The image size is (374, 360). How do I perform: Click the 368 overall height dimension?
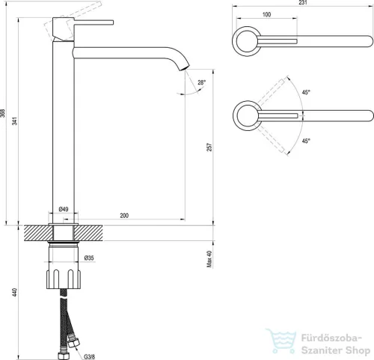coord(2,113)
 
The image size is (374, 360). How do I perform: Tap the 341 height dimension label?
coord(15,120)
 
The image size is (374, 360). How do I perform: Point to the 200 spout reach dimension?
coord(124,216)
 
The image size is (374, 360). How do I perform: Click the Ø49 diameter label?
coord(64,209)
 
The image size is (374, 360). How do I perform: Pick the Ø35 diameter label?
coord(89,258)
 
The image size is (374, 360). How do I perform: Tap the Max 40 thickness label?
coord(209,259)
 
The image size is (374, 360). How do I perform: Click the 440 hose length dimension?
coord(15,292)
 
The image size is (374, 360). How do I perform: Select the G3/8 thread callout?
coord(89,357)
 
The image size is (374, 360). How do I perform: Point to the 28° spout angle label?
coord(202,82)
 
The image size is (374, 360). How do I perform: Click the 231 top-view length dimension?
coord(303,2)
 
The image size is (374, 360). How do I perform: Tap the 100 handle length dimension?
coord(266,14)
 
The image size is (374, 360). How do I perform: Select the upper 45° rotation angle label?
coord(306,92)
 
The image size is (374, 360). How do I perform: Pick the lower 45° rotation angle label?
coord(306,141)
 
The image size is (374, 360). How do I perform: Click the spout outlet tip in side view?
coord(185,68)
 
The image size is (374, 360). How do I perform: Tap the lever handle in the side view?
coord(93,22)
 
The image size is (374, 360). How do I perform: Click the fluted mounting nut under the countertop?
coord(64,279)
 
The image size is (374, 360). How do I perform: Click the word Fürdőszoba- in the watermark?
coord(331,338)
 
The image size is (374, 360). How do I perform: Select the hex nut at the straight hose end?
coord(61,356)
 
